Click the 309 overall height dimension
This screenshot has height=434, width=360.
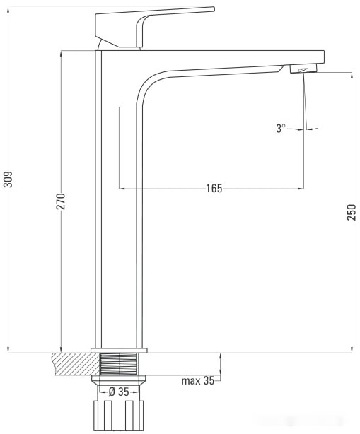click(x=8, y=179)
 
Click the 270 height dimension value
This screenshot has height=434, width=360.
click(x=61, y=201)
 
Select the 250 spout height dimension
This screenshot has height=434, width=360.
click(x=351, y=212)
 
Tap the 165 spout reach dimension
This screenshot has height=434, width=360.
click(x=214, y=189)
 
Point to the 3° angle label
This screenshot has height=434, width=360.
click(x=281, y=128)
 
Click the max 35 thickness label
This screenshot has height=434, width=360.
click(x=198, y=381)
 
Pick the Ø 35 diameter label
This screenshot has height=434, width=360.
click(x=119, y=392)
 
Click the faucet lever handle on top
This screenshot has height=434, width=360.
click(x=155, y=27)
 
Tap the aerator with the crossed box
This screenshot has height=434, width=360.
click(x=303, y=69)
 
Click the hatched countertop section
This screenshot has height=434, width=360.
click(x=75, y=364)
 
